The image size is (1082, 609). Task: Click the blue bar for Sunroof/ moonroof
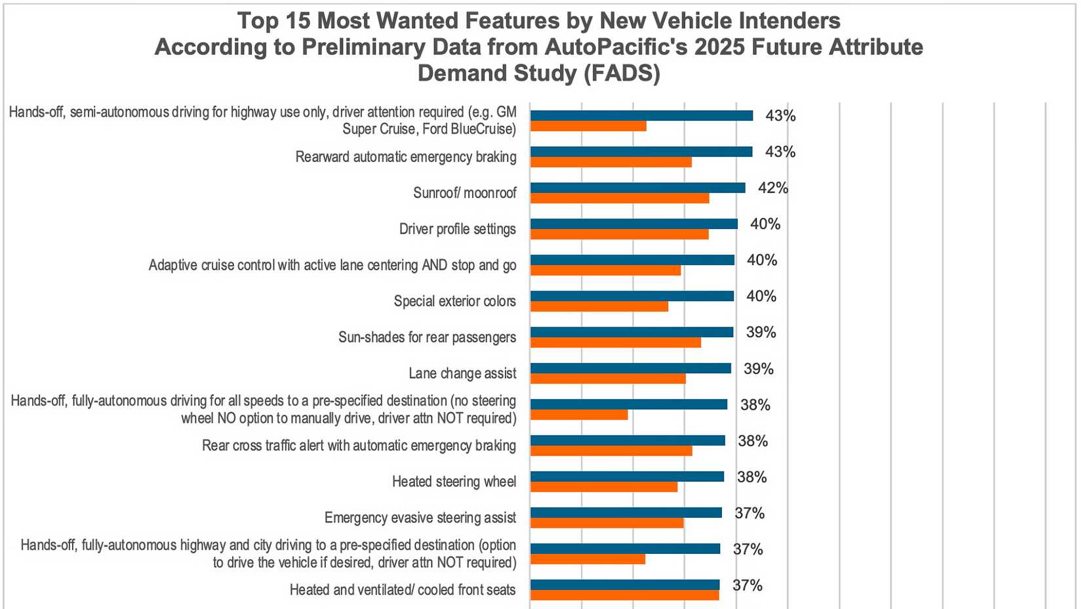637,188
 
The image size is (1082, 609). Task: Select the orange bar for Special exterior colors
599,306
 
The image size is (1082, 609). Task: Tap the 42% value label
772,188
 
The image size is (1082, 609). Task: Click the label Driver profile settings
457,229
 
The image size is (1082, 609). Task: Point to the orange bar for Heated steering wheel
603,487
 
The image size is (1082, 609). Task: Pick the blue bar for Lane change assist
630,368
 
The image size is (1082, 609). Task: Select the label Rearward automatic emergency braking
405,157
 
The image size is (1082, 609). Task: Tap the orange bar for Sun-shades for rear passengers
615,343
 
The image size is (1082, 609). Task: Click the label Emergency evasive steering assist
420,518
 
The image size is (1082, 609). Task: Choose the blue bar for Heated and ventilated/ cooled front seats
624,585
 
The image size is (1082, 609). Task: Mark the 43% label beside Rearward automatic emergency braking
780,152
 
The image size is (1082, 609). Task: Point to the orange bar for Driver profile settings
619,234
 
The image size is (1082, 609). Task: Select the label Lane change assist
462,373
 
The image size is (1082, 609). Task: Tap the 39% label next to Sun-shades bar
761,333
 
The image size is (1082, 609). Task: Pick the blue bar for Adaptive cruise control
632,260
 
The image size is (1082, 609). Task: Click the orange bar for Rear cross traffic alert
611,451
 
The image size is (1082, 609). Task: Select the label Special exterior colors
454,301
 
